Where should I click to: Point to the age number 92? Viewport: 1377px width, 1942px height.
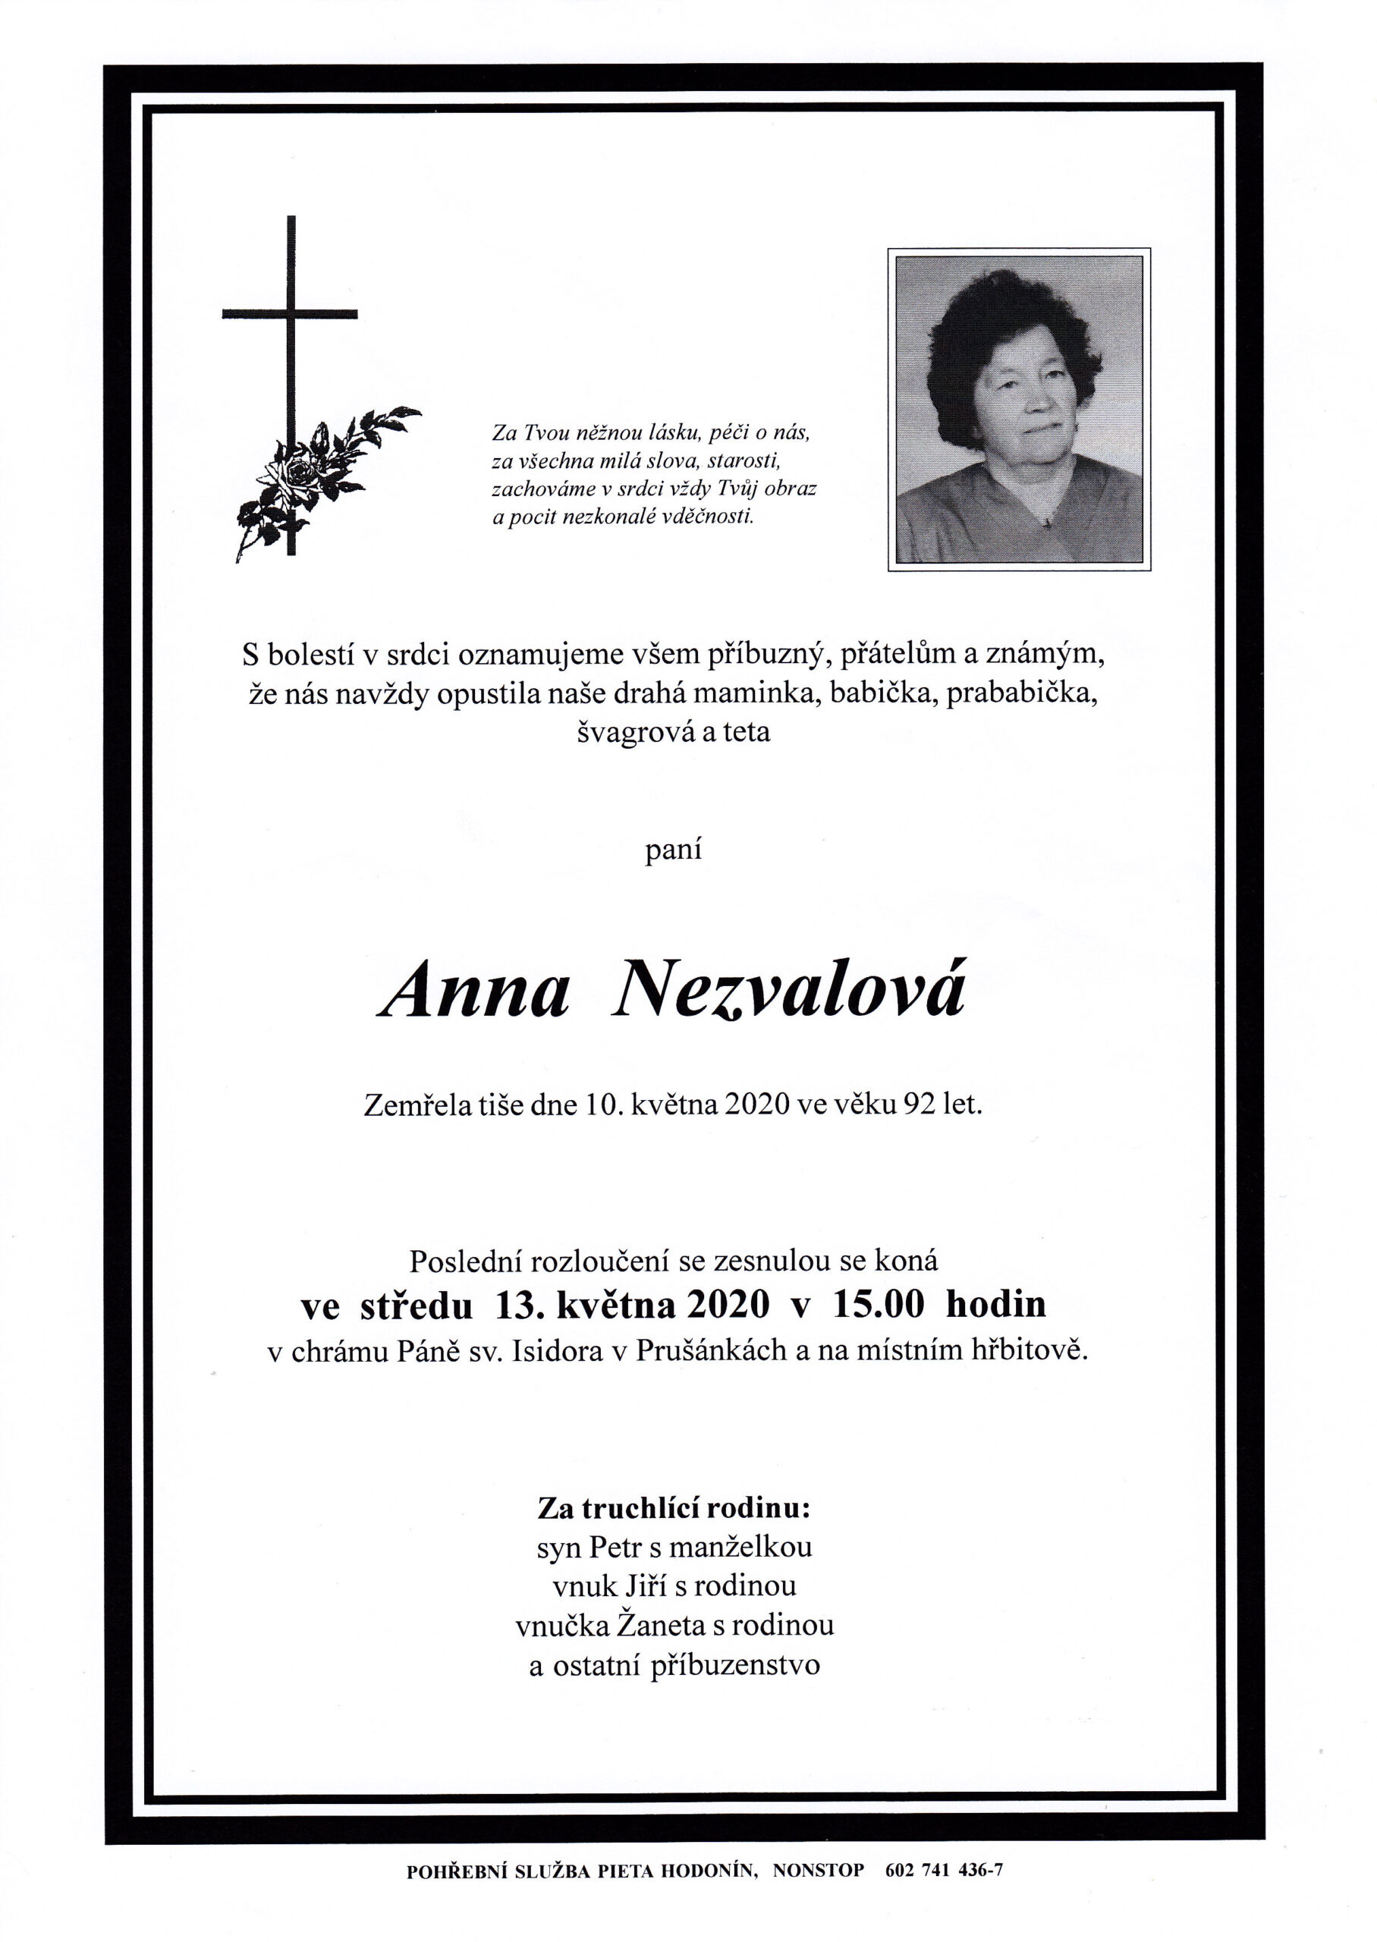(x=920, y=1105)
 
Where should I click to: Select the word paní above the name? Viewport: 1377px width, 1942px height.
(x=673, y=850)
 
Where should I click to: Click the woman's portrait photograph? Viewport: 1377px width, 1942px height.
(x=1018, y=409)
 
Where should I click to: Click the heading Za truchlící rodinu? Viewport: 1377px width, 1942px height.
(x=674, y=1508)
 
